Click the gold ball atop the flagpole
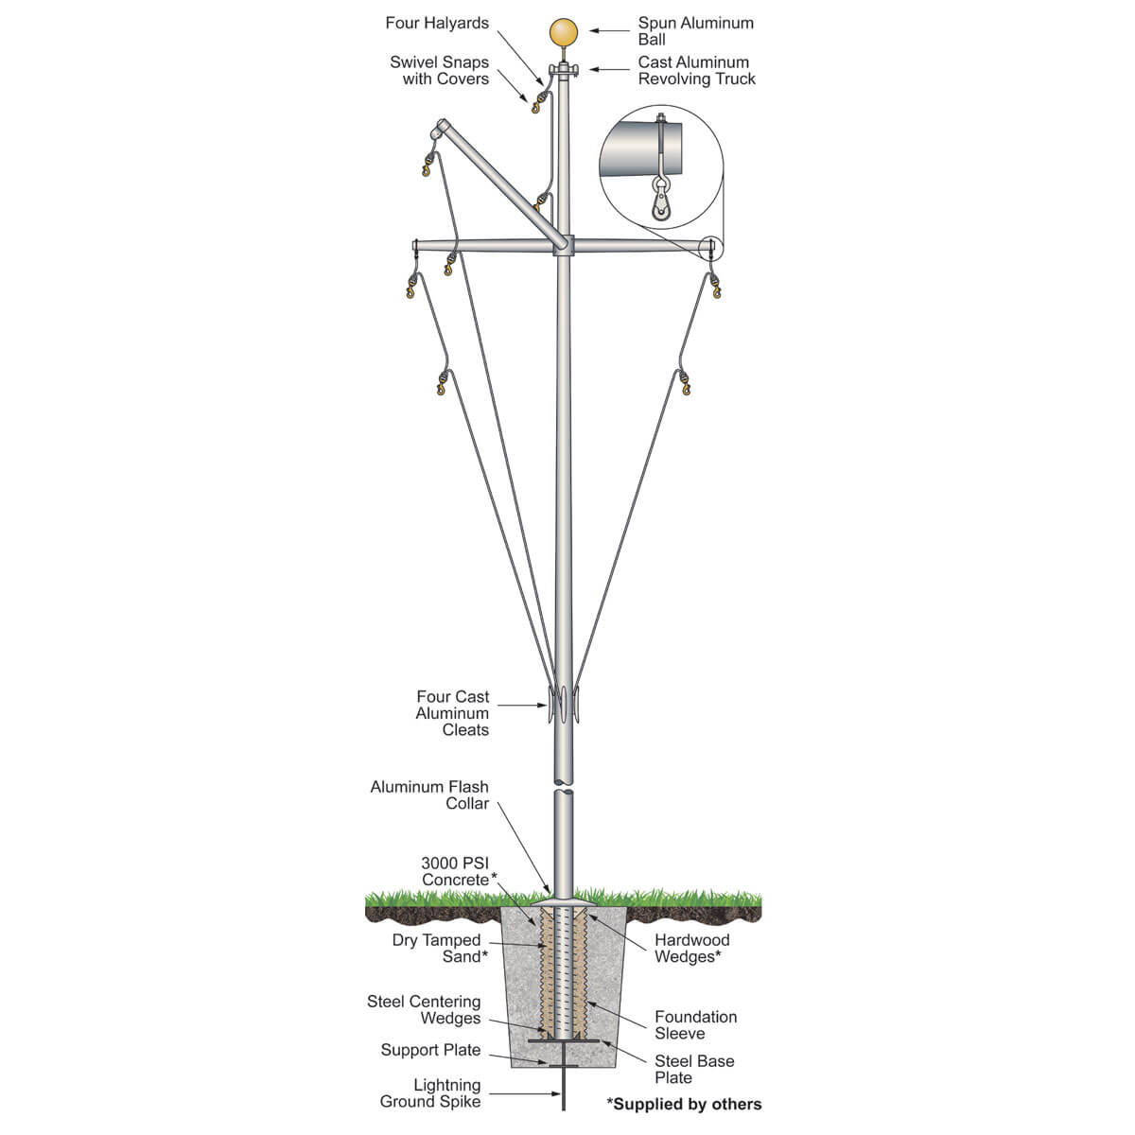564,32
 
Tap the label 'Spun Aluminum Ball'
695,31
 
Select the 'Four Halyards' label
436,23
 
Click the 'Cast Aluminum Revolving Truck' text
696,70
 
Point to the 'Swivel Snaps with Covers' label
439,70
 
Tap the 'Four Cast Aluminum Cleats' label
452,713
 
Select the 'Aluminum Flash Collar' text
429,795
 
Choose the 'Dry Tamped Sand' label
440,949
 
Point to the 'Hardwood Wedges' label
691,949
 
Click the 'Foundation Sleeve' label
695,1025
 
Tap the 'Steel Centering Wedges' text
424,1009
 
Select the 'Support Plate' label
430,1050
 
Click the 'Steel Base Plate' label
694,1069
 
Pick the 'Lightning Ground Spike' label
430,1093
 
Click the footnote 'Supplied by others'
685,1105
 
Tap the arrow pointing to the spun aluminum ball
610,30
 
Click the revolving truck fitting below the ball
564,69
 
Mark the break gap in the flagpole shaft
564,786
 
